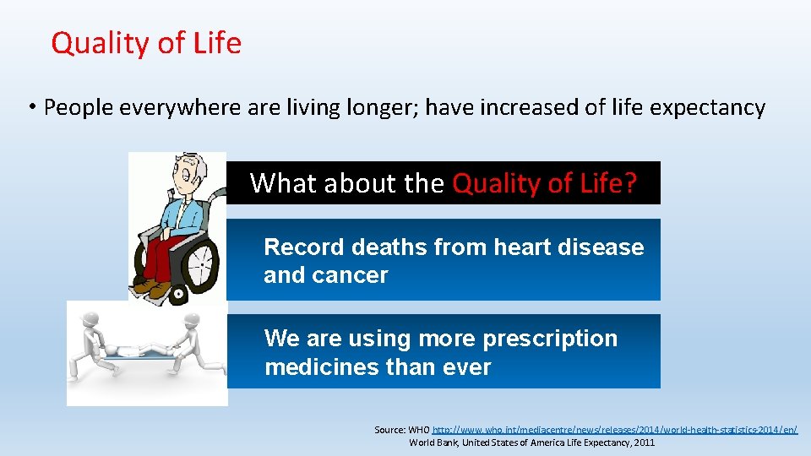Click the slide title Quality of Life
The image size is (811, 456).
point(146,43)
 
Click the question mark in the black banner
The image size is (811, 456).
point(629,183)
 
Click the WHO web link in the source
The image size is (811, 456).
point(614,430)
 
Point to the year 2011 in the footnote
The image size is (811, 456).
point(641,442)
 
